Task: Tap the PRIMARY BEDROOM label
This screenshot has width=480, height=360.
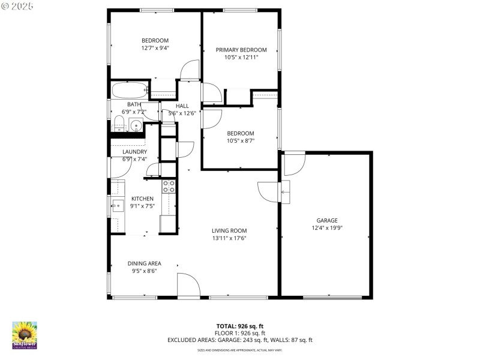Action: pyautogui.click(x=241, y=50)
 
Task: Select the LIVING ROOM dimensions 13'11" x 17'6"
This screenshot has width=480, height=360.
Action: pyautogui.click(x=229, y=238)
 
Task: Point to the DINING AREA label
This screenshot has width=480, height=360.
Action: pyautogui.click(x=144, y=263)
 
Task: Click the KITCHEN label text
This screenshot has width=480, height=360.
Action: pyautogui.click(x=143, y=199)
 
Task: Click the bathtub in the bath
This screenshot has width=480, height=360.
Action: pyautogui.click(x=129, y=92)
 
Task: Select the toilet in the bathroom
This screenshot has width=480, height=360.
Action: pyautogui.click(x=119, y=125)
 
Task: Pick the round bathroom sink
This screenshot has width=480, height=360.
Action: pyautogui.click(x=136, y=126)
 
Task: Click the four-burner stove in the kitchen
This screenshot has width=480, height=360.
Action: pyautogui.click(x=169, y=186)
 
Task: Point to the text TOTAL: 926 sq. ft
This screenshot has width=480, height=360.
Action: pyautogui.click(x=239, y=326)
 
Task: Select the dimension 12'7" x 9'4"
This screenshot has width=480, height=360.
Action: pyautogui.click(x=155, y=48)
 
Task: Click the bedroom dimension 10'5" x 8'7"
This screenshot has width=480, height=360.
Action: pyautogui.click(x=240, y=141)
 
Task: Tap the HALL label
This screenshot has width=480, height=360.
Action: pyautogui.click(x=182, y=106)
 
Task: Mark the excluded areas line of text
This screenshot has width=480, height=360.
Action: pyautogui.click(x=239, y=340)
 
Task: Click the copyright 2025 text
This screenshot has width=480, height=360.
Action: pyautogui.click(x=17, y=5)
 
